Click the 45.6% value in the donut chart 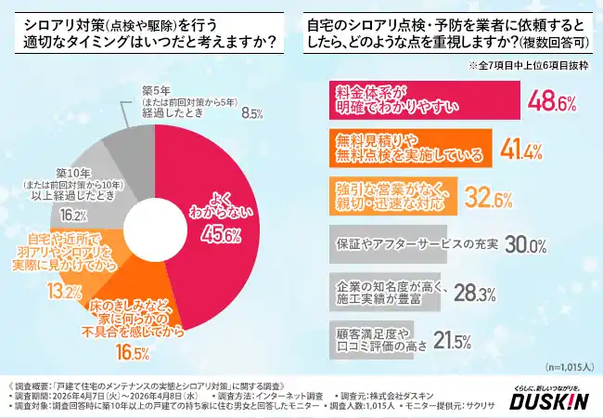(x=216, y=234)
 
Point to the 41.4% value (x=532, y=149)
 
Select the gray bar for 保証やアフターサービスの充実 (x=389, y=243)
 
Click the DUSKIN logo (x=549, y=400)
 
